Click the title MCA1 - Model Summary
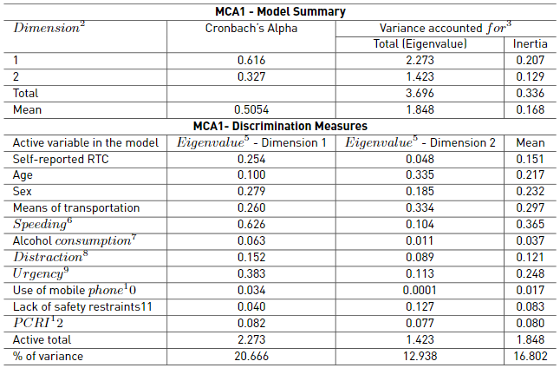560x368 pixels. [x=280, y=11]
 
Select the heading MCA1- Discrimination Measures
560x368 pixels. [x=280, y=126]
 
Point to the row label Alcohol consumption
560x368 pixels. [x=75, y=240]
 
